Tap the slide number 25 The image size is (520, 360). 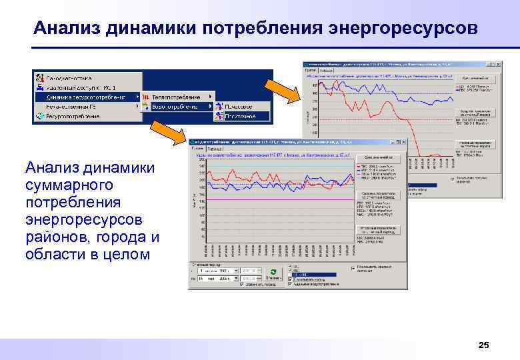484,345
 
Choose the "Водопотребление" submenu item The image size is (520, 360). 175,107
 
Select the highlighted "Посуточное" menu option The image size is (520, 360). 239,116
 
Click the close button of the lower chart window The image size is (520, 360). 402,142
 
